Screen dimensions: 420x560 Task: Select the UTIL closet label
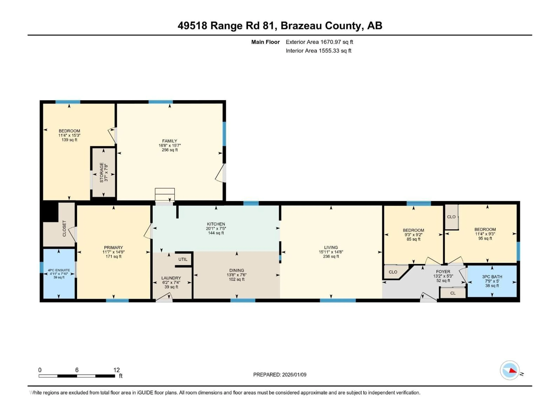pyautogui.click(x=183, y=259)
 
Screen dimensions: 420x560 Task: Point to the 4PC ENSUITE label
pyautogui.click(x=59, y=270)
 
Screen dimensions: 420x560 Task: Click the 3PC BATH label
pyautogui.click(x=492, y=277)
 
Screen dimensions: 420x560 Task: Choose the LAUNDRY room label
pyautogui.click(x=171, y=278)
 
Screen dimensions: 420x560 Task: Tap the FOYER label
pyautogui.click(x=443, y=272)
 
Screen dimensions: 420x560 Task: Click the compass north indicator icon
pyautogui.click(x=510, y=370)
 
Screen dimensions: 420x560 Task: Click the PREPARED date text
pyautogui.click(x=280, y=375)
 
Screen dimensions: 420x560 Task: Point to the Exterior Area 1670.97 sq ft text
pyautogui.click(x=319, y=42)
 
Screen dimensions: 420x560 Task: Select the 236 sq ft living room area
pyautogui.click(x=331, y=257)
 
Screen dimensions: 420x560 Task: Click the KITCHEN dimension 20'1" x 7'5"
pyautogui.click(x=216, y=228)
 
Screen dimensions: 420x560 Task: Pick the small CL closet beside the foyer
pyautogui.click(x=453, y=293)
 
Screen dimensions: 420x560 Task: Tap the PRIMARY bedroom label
pyautogui.click(x=113, y=248)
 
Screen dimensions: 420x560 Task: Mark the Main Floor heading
pyautogui.click(x=265, y=42)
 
